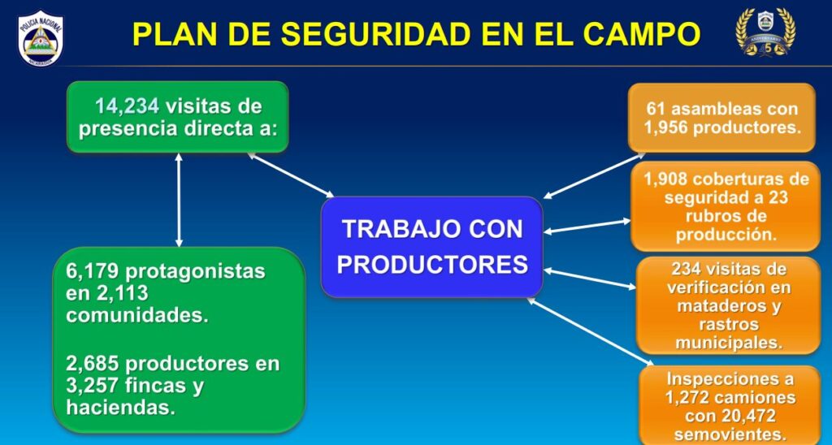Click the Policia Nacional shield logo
click(41, 38)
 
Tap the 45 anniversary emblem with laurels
click(765, 32)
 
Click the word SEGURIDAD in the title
click(375, 34)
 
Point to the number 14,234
click(127, 106)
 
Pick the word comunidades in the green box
click(136, 315)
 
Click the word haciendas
click(120, 408)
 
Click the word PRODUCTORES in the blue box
click(432, 265)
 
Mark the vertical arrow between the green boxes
click(179, 200)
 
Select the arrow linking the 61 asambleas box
click(594, 175)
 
